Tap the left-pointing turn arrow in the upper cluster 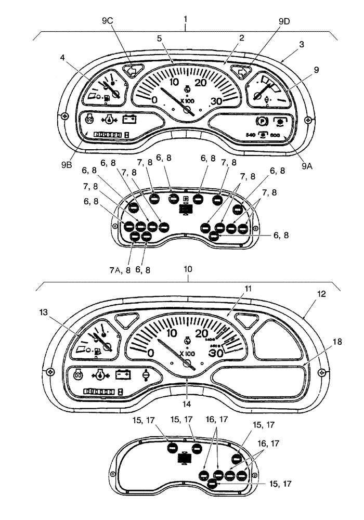pos(134,71)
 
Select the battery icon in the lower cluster pos(124,374)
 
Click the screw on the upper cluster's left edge pos(63,115)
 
